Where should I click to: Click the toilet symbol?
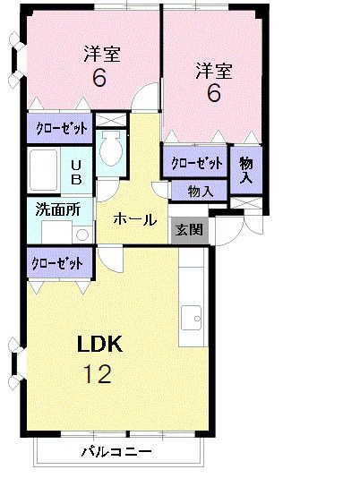[x=111, y=148]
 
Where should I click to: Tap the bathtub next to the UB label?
[x=45, y=169]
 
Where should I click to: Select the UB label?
[x=77, y=171]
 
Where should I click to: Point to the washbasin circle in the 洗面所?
[x=81, y=235]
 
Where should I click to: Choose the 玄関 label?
[x=188, y=229]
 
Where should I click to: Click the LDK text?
[x=99, y=345]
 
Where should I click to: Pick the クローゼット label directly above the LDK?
[x=57, y=264]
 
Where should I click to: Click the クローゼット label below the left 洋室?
[x=61, y=128]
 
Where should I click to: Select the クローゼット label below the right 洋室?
[x=196, y=163]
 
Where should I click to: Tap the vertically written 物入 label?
[x=244, y=168]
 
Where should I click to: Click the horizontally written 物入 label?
[x=199, y=191]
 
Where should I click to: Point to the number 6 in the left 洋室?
[x=99, y=78]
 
